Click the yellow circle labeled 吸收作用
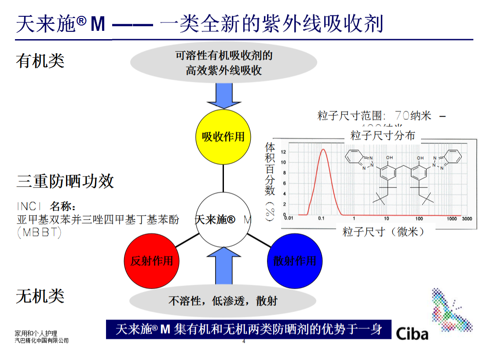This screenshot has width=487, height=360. click(223, 136)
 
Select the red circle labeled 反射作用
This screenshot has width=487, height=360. click(152, 261)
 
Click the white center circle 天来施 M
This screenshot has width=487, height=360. click(223, 219)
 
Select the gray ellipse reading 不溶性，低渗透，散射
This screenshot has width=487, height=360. click(223, 301)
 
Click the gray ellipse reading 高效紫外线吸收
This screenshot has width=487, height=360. click(223, 63)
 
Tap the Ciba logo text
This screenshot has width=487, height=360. click(412, 333)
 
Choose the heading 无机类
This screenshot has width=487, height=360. click(40, 296)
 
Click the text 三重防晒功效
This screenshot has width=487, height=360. click(65, 181)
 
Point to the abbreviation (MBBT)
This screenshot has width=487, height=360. click(39, 232)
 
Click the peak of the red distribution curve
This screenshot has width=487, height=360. click(323, 149)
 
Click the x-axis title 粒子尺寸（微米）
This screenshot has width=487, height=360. click(384, 231)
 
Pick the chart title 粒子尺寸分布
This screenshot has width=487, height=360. click(382, 135)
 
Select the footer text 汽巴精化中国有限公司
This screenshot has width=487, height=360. click(42, 340)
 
